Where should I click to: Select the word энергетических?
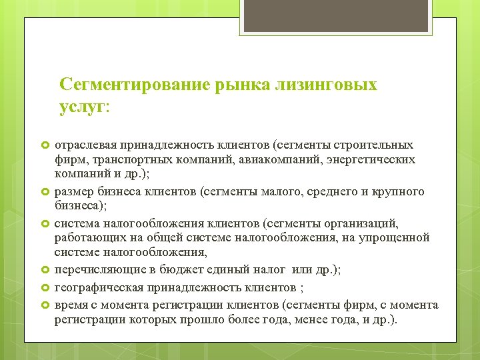tap(369, 160)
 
